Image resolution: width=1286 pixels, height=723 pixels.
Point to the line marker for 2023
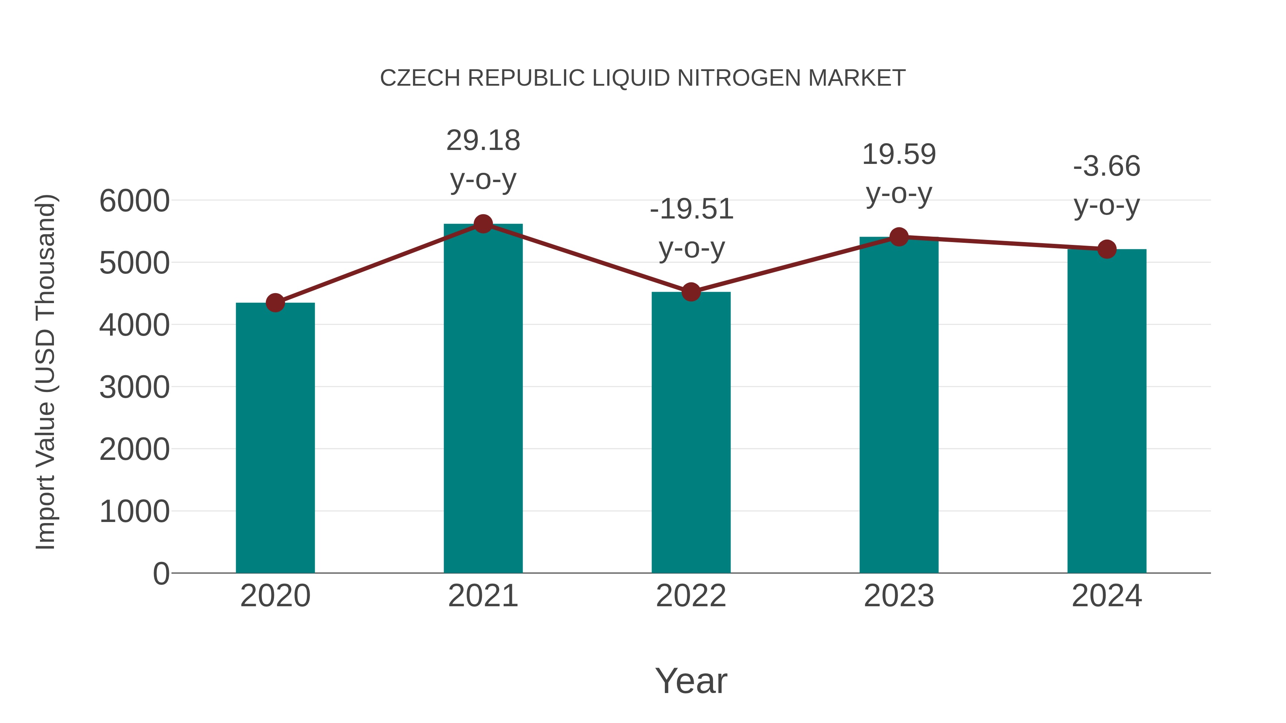pyautogui.click(x=899, y=237)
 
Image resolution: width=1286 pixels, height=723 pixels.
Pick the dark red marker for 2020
pyautogui.click(x=275, y=302)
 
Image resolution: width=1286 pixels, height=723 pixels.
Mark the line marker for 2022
pyautogui.click(x=691, y=292)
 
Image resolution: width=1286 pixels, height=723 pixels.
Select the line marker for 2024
pyautogui.click(x=1107, y=249)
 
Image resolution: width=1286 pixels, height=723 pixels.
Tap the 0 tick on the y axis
pyautogui.click(x=161, y=573)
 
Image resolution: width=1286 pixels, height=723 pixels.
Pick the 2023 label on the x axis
pyautogui.click(x=899, y=596)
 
